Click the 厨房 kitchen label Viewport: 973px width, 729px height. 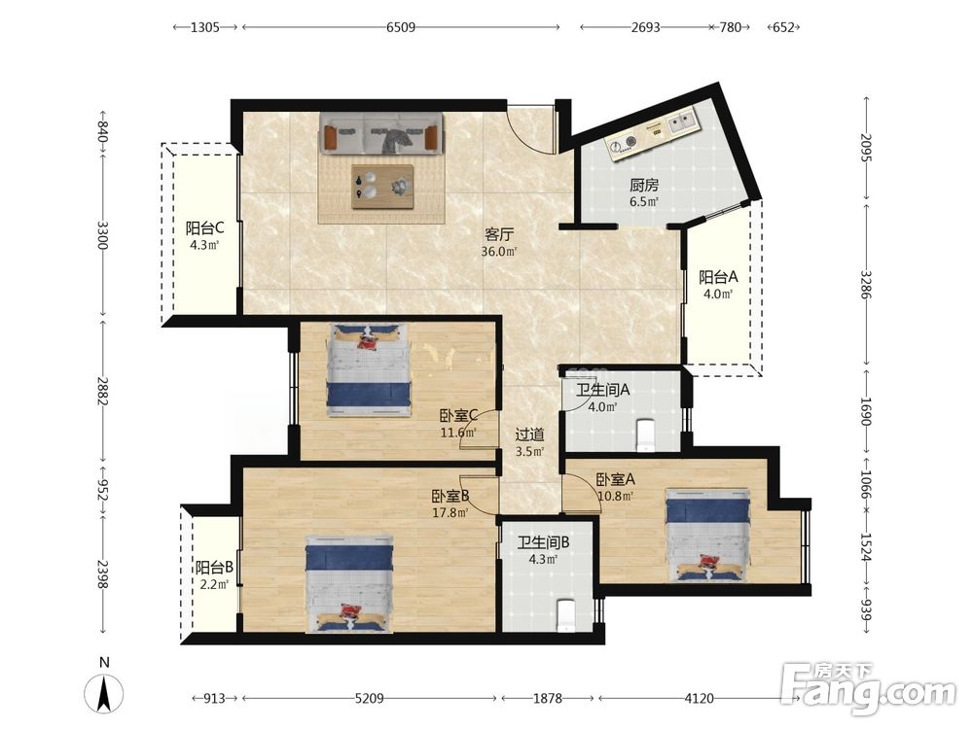643,185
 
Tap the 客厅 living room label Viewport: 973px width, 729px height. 499,235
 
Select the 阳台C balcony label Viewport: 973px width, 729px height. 204,228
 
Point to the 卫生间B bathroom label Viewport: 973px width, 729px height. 543,543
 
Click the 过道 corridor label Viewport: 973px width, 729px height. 529,434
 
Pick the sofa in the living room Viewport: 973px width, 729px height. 381,132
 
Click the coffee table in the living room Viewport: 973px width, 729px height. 382,187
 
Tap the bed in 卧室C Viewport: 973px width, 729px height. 369,369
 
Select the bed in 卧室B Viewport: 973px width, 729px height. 349,585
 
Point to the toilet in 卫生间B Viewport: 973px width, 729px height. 566,615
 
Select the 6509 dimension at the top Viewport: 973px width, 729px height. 401,27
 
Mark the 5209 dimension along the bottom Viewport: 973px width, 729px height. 369,699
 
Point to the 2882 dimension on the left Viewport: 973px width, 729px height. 102,391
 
